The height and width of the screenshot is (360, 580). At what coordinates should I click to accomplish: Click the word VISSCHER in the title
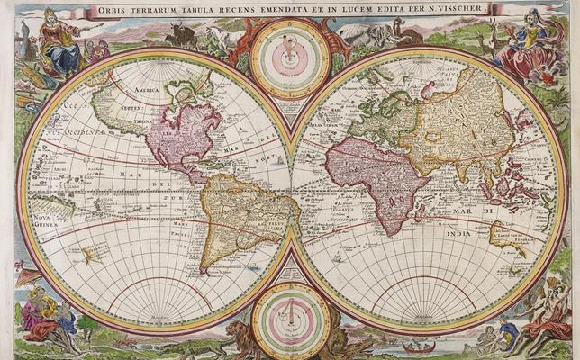pyautogui.click(x=463, y=9)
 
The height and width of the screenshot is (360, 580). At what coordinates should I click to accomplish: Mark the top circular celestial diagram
pyautogui.click(x=290, y=58)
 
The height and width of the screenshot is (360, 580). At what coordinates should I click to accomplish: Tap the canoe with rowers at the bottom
pyautogui.click(x=418, y=346)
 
